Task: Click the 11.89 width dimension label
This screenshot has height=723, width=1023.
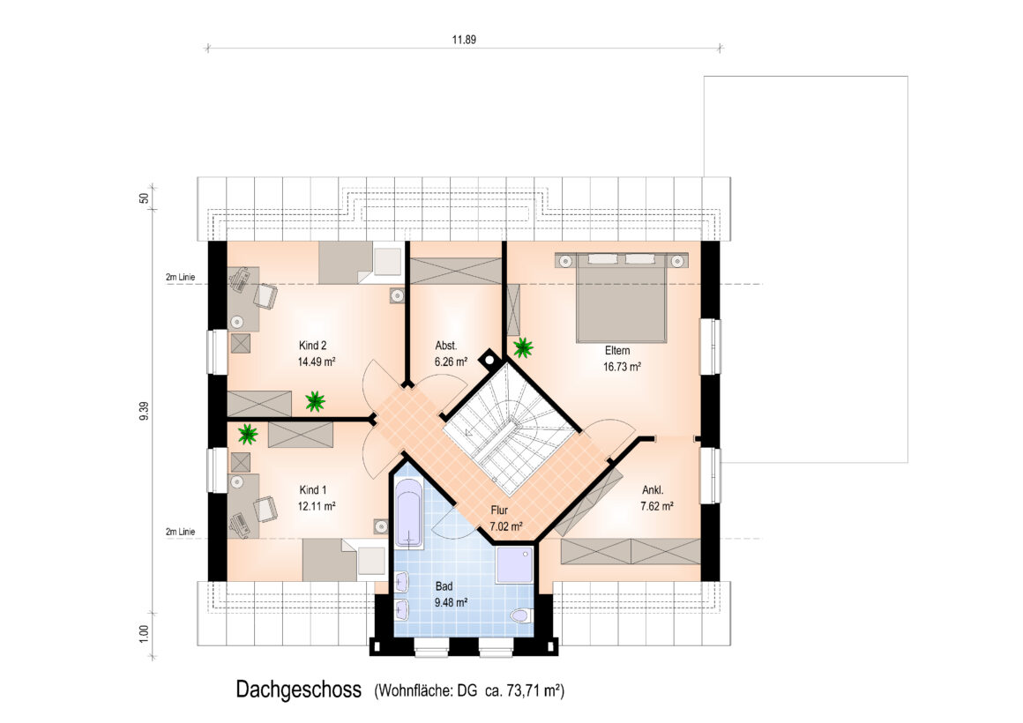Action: click(x=464, y=39)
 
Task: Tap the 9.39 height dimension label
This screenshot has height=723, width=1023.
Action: click(x=144, y=411)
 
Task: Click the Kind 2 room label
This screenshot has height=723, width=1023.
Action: click(x=312, y=346)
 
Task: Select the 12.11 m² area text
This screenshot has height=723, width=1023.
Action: click(x=317, y=506)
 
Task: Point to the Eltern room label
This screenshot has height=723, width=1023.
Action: click(x=617, y=350)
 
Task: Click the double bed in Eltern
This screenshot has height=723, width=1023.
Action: click(x=621, y=297)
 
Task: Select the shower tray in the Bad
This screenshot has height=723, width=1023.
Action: click(x=515, y=565)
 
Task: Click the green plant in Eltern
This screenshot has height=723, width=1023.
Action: click(x=523, y=347)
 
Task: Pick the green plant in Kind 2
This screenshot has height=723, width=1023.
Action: click(x=315, y=401)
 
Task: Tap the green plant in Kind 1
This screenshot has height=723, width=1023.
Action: click(x=247, y=434)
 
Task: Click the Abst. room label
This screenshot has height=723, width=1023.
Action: click(x=446, y=346)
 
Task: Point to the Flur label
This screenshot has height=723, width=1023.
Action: click(x=499, y=511)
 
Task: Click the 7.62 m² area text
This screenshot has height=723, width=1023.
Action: click(x=657, y=506)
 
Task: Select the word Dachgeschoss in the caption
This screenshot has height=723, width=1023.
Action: click(x=298, y=689)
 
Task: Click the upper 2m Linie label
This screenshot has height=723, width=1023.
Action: click(x=180, y=278)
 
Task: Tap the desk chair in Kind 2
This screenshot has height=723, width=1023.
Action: click(x=265, y=296)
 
